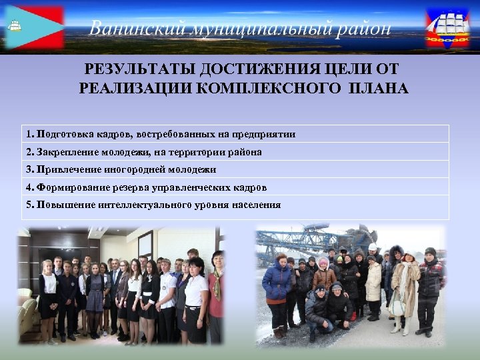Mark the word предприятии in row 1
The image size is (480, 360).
coord(267,134)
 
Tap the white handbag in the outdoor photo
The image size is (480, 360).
coord(397,303)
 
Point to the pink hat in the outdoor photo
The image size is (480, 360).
coord(323,262)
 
